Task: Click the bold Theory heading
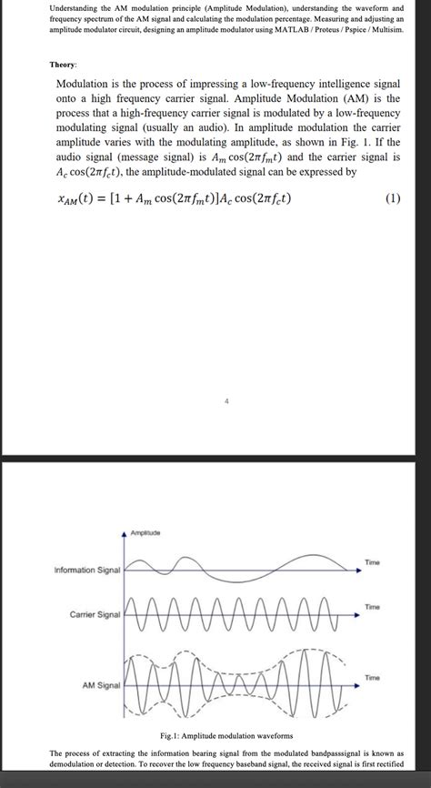pos(63,66)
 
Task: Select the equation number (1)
pos(392,199)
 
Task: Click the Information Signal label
pos(87,571)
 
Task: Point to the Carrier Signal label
pos(95,616)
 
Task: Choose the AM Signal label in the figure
pos(101,684)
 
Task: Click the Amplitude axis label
pos(145,531)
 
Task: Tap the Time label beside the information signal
pos(373,563)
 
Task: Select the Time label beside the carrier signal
pos(373,606)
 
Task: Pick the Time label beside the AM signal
pos(373,677)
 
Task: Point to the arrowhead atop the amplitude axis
pos(125,534)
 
